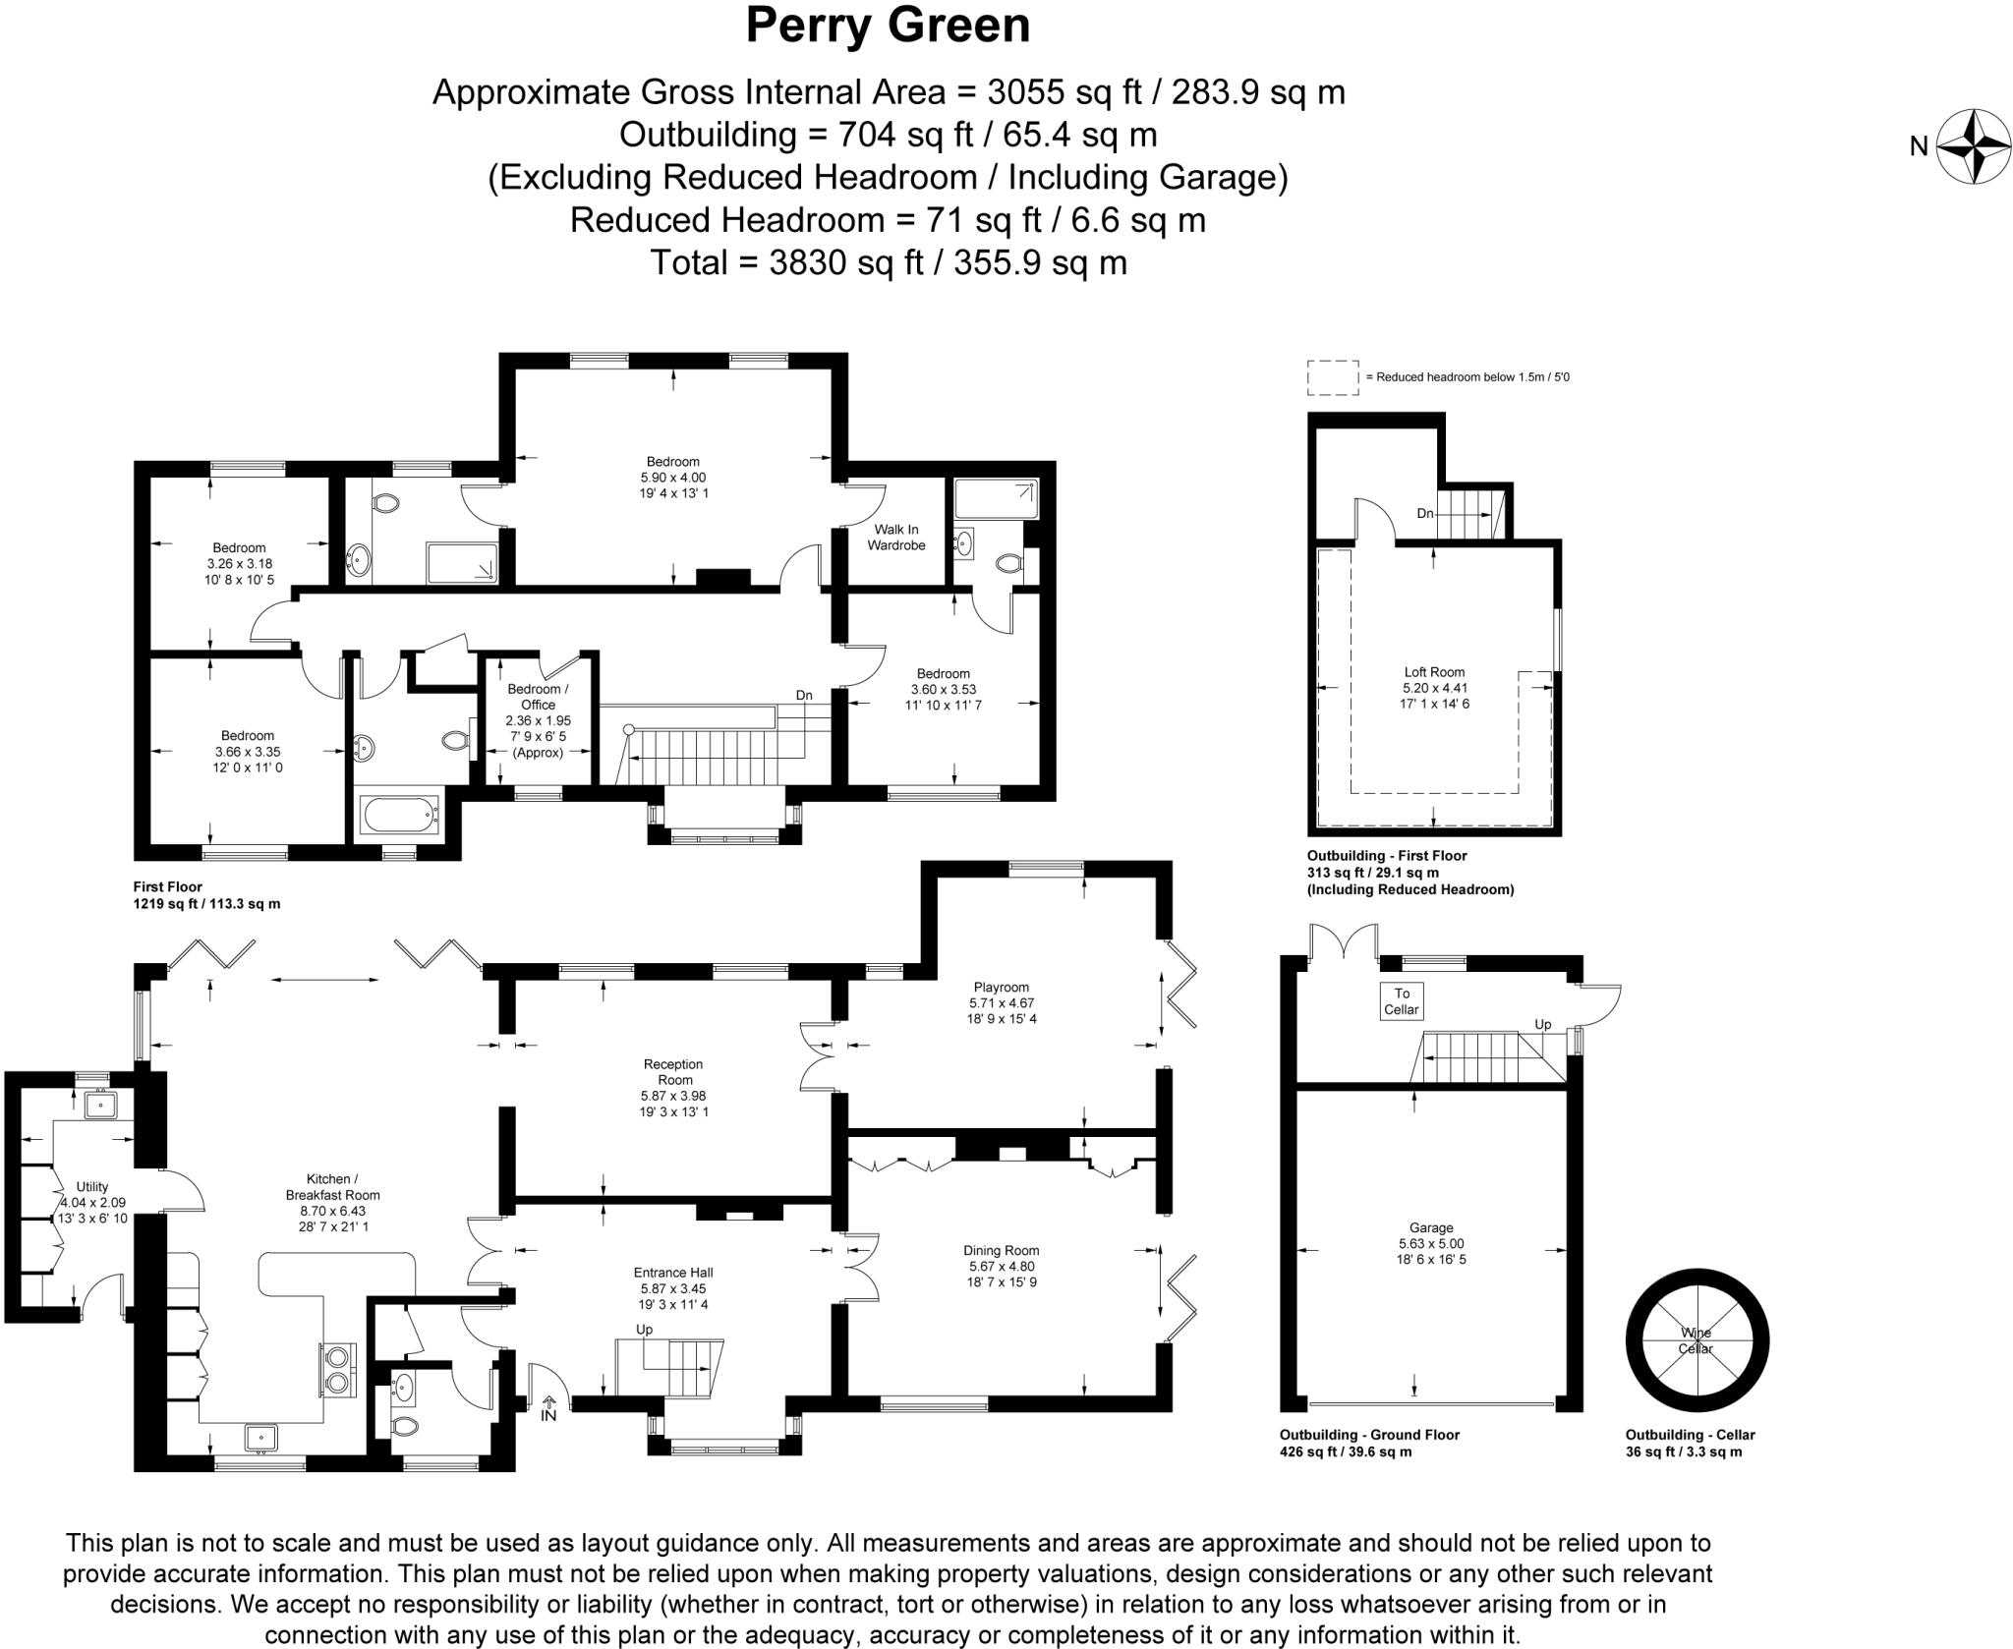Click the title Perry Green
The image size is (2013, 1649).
pyautogui.click(x=888, y=27)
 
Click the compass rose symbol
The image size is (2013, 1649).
pyautogui.click(x=1973, y=146)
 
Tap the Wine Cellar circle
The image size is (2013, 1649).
pyautogui.click(x=1697, y=1340)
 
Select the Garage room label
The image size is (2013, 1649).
pyautogui.click(x=1431, y=1227)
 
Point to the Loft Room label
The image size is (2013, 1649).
pyautogui.click(x=1434, y=672)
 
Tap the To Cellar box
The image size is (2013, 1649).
pyautogui.click(x=1402, y=1000)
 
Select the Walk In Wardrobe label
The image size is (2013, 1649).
pyautogui.click(x=896, y=537)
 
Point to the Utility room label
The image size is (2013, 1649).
pyautogui.click(x=92, y=1186)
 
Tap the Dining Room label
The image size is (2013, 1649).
pyautogui.click(x=1002, y=1250)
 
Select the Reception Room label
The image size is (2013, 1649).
pyautogui.click(x=674, y=1071)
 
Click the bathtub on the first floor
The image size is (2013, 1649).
pyautogui.click(x=399, y=814)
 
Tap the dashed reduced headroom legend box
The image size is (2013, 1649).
pyautogui.click(x=1333, y=377)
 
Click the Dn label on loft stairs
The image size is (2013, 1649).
pyautogui.click(x=1425, y=513)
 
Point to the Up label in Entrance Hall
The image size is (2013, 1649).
pyautogui.click(x=644, y=1329)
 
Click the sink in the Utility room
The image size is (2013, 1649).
pyautogui.click(x=100, y=1105)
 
